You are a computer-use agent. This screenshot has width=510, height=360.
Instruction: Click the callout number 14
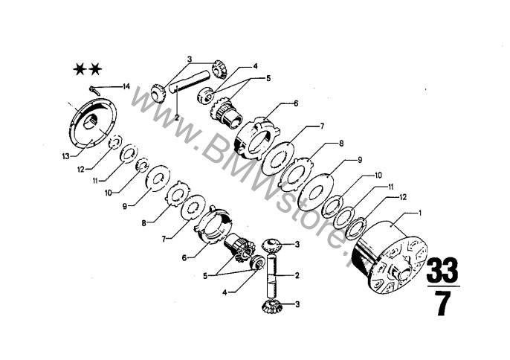click(x=126, y=86)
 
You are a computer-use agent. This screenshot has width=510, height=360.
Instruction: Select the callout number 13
click(x=65, y=156)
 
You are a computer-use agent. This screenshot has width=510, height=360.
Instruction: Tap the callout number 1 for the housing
click(x=420, y=213)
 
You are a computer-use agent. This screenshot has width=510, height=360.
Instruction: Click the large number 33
click(x=442, y=271)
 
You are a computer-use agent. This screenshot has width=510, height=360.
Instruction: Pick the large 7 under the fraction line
click(x=442, y=303)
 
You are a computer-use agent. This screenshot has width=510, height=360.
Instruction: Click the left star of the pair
click(x=80, y=69)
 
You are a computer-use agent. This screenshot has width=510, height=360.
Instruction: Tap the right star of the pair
click(x=95, y=69)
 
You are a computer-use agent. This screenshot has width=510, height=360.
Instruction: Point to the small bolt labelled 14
click(x=94, y=89)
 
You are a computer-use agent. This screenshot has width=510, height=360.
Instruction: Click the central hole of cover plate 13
click(x=91, y=123)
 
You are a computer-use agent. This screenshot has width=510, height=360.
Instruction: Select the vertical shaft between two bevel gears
click(x=272, y=276)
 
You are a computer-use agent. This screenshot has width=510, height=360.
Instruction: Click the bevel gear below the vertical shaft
click(x=271, y=306)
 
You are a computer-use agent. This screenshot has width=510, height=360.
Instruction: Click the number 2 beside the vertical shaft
click(x=297, y=275)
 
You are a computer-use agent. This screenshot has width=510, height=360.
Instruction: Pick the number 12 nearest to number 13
click(x=81, y=170)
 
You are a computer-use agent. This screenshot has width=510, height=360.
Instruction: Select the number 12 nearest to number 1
click(x=403, y=197)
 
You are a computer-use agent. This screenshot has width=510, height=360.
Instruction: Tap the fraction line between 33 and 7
click(x=442, y=286)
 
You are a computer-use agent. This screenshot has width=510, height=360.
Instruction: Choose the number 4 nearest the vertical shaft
click(x=225, y=292)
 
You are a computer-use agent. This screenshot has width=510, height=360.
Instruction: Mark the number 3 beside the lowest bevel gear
click(x=297, y=304)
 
